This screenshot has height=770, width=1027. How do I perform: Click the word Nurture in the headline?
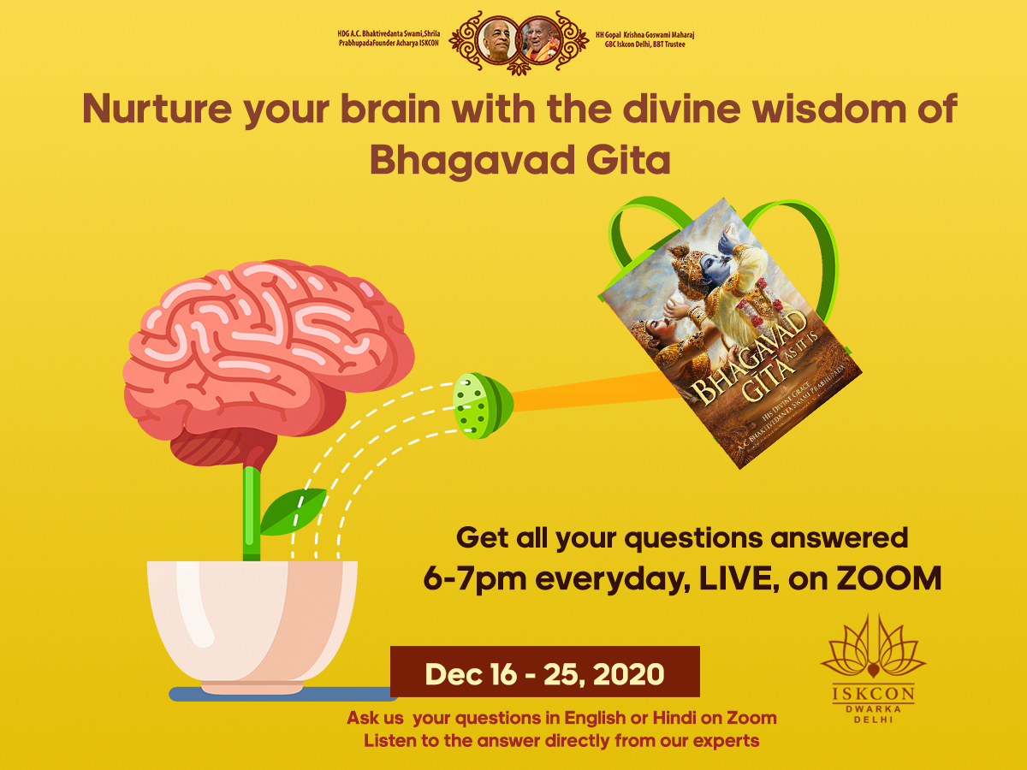point(157,109)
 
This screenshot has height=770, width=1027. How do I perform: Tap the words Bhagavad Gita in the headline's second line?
point(519,160)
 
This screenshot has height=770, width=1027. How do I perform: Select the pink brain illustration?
point(269,363)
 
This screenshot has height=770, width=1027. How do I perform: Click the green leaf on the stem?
point(293,512)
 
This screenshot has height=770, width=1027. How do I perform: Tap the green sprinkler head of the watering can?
point(483,406)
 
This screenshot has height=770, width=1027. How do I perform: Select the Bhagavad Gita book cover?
point(730,333)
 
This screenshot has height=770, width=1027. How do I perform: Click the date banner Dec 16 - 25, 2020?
point(545,672)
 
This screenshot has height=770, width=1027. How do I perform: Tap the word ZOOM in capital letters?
point(889,578)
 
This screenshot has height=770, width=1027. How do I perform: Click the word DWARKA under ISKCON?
point(873,708)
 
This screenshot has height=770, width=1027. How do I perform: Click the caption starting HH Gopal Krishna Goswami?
point(644,39)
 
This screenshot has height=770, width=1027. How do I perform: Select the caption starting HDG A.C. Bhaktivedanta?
point(389,38)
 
